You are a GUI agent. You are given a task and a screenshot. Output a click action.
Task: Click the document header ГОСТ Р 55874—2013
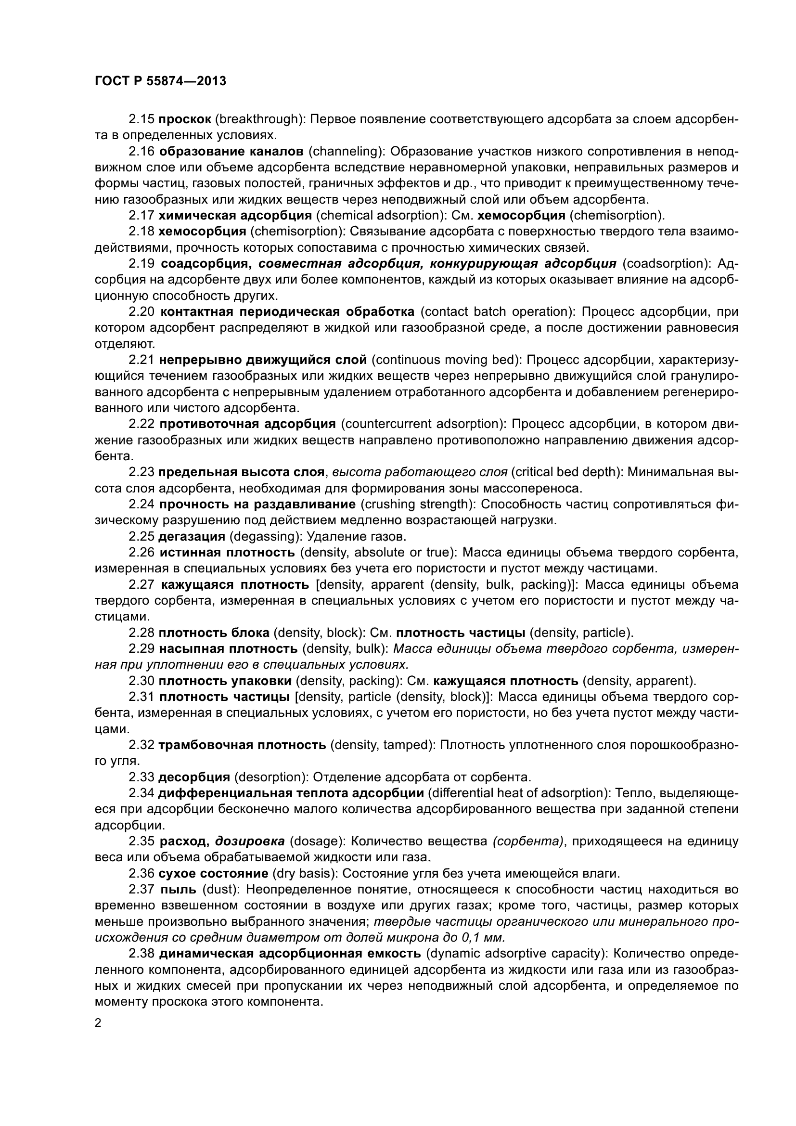pyautogui.click(x=160, y=81)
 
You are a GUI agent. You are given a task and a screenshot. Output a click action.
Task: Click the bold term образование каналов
pyautogui.click(x=231, y=152)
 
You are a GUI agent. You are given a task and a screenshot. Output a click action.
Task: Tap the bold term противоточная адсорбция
pyautogui.click(x=247, y=424)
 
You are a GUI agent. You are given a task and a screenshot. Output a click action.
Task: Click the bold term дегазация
pyautogui.click(x=192, y=536)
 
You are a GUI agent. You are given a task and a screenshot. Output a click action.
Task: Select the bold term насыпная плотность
pyautogui.click(x=228, y=649)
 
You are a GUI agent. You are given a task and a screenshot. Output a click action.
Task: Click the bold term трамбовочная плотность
pyautogui.click(x=242, y=745)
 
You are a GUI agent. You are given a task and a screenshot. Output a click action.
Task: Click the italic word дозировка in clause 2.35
pyautogui.click(x=250, y=841)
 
